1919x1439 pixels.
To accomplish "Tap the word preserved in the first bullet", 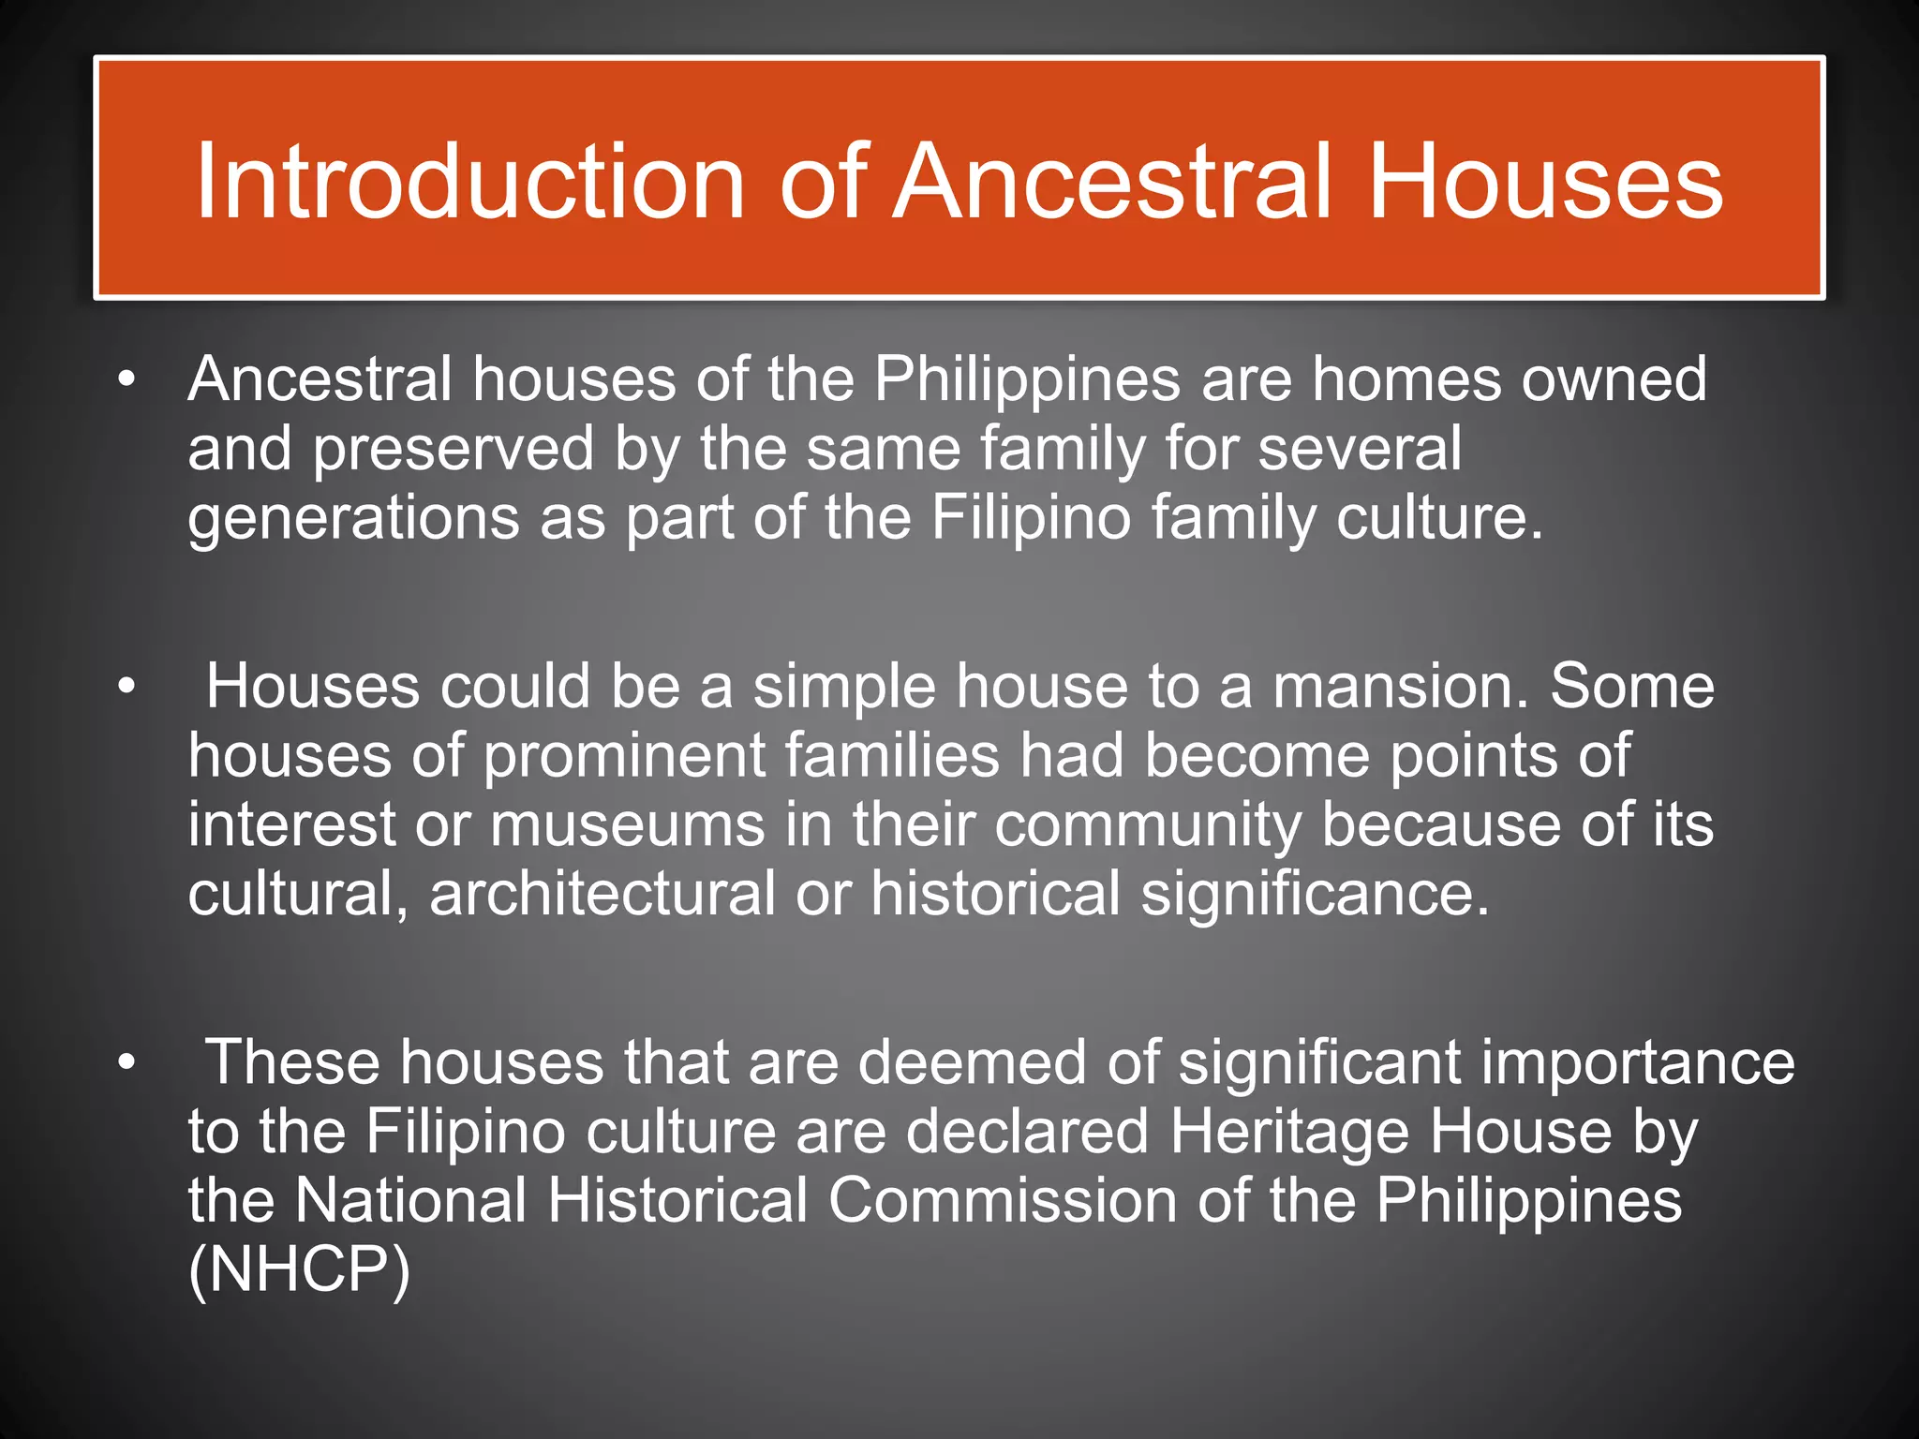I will tap(454, 450).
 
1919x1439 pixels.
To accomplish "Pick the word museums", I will tap(627, 825).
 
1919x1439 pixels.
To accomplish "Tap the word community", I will tap(1148, 825).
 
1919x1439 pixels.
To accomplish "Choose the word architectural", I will tap(602, 894).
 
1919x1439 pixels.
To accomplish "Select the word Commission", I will tap(1002, 1201).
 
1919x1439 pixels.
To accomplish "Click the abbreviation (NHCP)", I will tap(299, 1270).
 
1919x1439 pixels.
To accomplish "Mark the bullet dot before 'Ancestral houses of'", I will tap(126, 380).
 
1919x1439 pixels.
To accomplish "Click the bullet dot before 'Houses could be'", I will tap(126, 688).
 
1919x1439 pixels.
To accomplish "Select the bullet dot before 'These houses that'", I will tap(126, 1064).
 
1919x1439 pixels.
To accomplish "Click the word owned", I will tap(1614, 380).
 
